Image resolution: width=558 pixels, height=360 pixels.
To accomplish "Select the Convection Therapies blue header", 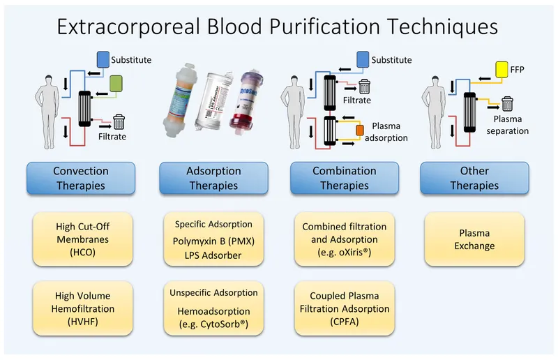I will coord(81,178).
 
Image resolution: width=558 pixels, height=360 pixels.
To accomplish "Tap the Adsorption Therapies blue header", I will coord(213,178).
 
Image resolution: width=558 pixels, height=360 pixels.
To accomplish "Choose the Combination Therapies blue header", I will coord(345,178).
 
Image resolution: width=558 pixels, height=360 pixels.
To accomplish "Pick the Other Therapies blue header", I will coord(474,178).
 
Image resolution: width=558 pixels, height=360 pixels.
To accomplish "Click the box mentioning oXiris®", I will coord(345,239).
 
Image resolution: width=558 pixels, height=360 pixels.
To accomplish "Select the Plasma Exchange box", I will coord(474,239).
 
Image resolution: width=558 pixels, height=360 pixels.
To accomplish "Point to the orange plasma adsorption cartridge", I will coord(361,130).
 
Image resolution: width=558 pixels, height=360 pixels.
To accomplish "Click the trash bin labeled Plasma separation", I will coord(512,105).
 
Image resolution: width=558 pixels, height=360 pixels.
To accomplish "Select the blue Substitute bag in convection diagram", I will coord(103,60).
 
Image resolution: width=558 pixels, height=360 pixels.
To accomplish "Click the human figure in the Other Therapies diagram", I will coord(437,105).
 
